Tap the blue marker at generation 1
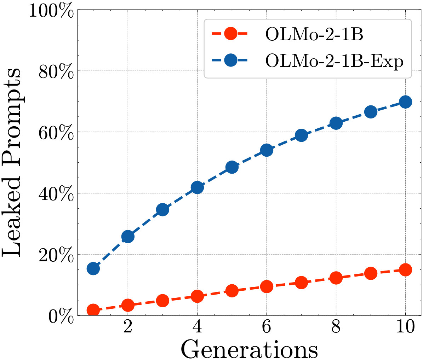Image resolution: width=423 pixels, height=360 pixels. pyautogui.click(x=93, y=268)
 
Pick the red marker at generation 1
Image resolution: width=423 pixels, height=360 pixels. pyautogui.click(x=93, y=310)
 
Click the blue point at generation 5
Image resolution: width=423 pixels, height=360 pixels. pyautogui.click(x=232, y=167)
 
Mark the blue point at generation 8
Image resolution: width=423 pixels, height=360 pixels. pyautogui.click(x=336, y=123)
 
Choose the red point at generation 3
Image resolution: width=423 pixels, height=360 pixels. pyautogui.click(x=162, y=301)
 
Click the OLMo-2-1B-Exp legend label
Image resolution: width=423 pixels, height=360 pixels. pyautogui.click(x=334, y=61)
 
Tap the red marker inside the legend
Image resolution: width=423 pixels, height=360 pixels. pyautogui.click(x=230, y=34)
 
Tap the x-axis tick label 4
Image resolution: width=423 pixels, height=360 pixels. pyautogui.click(x=197, y=327)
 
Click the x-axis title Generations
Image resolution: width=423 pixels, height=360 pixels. pyautogui.click(x=249, y=349)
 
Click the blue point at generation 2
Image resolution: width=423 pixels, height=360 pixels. pyautogui.click(x=128, y=237)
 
